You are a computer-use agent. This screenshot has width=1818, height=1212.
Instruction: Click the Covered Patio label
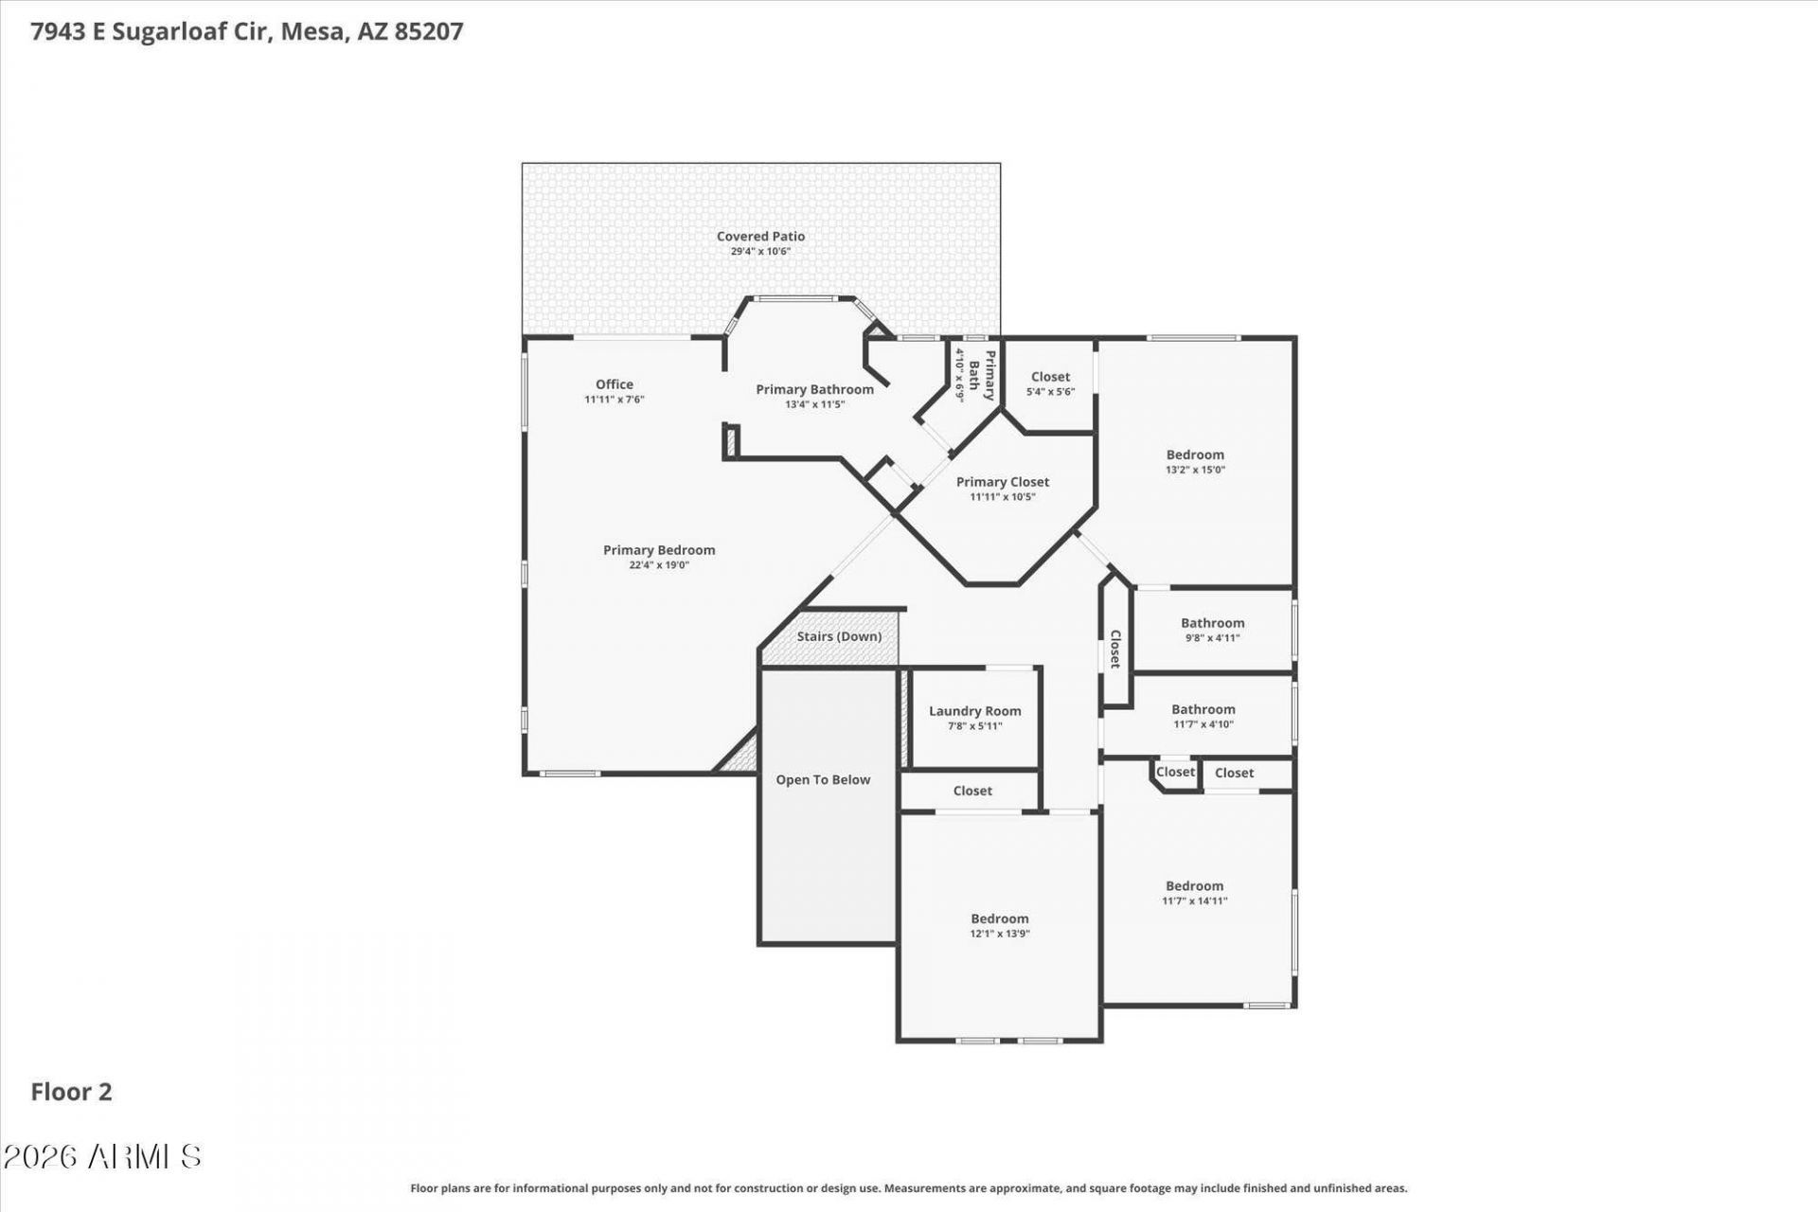[x=760, y=237]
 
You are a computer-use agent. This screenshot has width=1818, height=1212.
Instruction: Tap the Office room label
[x=615, y=384]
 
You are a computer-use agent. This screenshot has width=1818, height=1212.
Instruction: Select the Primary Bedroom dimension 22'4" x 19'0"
[x=659, y=565]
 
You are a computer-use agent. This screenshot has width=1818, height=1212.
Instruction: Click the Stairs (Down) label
[x=839, y=636]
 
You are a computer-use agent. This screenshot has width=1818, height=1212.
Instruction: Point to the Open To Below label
[x=823, y=780]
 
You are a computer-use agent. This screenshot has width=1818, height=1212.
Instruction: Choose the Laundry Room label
[x=975, y=711]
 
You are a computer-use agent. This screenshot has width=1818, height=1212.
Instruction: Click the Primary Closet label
[x=1003, y=482]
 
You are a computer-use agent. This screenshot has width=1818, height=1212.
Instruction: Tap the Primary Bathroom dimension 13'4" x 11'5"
[x=814, y=404]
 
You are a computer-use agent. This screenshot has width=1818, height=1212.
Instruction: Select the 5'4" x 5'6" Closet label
[x=1051, y=377]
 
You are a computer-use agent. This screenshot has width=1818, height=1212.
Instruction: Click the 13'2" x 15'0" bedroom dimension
[x=1195, y=470]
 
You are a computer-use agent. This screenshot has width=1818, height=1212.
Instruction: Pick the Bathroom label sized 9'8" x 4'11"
[x=1213, y=623]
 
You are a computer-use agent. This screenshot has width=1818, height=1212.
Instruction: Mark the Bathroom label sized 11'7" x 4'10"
[x=1203, y=709]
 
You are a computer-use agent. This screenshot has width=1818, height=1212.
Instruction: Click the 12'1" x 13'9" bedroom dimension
[x=1000, y=934]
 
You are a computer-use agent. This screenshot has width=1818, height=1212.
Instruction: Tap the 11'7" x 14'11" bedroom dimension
[x=1195, y=901]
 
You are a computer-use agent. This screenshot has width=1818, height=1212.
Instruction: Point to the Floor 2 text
[x=71, y=1092]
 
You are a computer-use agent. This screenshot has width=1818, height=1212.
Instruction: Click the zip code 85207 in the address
[x=429, y=31]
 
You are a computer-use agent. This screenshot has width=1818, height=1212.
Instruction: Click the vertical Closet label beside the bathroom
[x=1115, y=649]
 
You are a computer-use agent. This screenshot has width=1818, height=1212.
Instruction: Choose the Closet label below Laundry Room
[x=972, y=791]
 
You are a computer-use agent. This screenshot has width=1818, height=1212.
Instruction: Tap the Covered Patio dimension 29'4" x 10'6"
[x=760, y=252]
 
